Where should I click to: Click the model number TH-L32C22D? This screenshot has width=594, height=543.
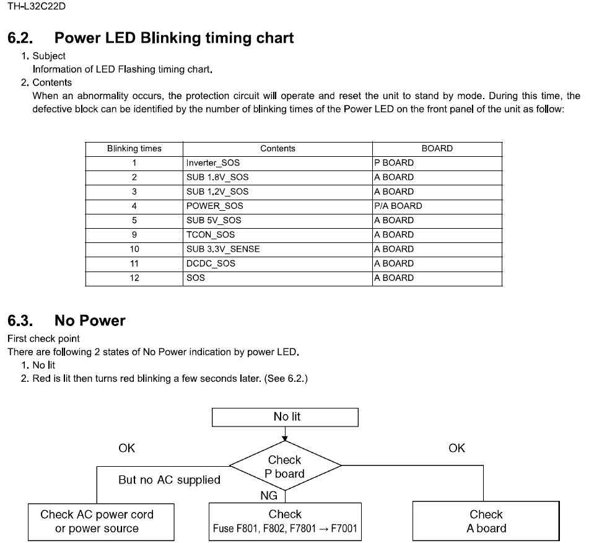(x=37, y=7)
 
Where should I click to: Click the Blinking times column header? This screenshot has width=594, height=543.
(x=134, y=149)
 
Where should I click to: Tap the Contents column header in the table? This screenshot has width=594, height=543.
(x=277, y=149)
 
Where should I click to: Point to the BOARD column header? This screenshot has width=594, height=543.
(x=437, y=149)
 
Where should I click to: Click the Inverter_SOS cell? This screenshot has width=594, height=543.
(x=212, y=163)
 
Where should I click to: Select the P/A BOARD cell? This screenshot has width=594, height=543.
(x=398, y=206)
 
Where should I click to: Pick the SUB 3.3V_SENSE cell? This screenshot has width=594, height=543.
(x=223, y=249)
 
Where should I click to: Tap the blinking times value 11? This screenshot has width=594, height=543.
(x=134, y=263)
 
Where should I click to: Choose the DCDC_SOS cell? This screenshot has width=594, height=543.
(x=211, y=263)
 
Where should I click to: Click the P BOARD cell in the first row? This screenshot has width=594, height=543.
(x=394, y=163)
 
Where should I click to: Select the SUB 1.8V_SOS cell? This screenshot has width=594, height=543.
(x=217, y=177)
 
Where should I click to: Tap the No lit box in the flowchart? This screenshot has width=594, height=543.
(x=285, y=417)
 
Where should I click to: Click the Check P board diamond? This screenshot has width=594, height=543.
(x=285, y=467)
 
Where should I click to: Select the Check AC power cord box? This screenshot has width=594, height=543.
(x=98, y=522)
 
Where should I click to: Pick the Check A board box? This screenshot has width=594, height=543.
(x=486, y=522)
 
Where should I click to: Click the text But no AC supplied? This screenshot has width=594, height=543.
(x=169, y=480)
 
